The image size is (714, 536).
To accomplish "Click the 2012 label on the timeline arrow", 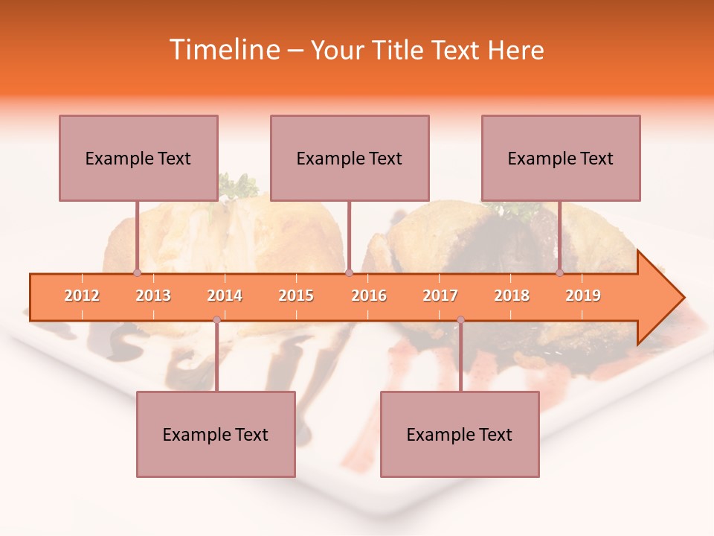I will click(x=82, y=296).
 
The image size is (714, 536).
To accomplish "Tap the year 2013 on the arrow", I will click(x=153, y=296).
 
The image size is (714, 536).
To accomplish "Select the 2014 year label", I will click(x=225, y=296).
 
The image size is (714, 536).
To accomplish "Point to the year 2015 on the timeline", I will click(x=296, y=296).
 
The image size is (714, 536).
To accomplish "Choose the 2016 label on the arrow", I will click(x=369, y=296).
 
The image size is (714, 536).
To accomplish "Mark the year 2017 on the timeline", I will click(x=440, y=296).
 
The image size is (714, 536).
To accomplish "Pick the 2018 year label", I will click(x=512, y=296).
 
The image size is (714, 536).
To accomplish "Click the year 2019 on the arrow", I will click(x=583, y=296).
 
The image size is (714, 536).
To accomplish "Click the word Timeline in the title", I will click(x=222, y=50).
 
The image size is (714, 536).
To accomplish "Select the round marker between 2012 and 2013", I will click(x=137, y=272).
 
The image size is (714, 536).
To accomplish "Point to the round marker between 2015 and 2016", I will click(x=349, y=272).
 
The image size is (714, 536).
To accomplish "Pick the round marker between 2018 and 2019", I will click(x=560, y=272).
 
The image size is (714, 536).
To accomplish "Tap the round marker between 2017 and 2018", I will click(x=460, y=320).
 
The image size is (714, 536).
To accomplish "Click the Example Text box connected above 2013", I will click(x=138, y=158).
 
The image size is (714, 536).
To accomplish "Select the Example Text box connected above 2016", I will click(x=350, y=158).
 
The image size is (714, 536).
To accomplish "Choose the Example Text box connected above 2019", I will click(x=561, y=158).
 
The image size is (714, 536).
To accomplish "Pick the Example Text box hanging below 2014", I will click(x=216, y=434).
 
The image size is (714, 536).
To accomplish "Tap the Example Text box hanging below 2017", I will click(x=460, y=434).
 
